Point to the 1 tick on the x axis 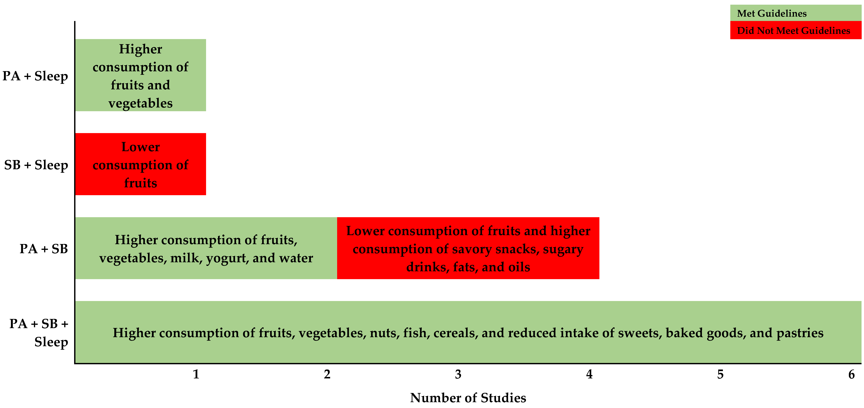(196, 374)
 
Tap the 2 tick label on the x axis (327, 374)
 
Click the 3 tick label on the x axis (458, 374)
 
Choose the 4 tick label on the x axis (589, 374)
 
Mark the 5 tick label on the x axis (720, 374)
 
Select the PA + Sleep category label (35, 76)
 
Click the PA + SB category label (44, 249)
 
